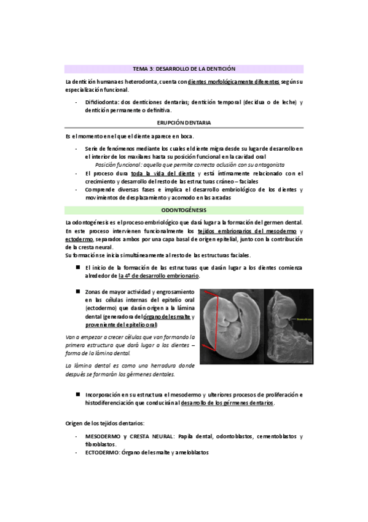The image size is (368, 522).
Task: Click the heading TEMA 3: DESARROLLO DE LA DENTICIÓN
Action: (x=184, y=69)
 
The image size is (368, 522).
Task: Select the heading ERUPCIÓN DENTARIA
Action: (x=184, y=123)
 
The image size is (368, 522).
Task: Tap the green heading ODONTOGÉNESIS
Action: (x=184, y=211)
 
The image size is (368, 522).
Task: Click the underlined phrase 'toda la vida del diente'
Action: (x=154, y=174)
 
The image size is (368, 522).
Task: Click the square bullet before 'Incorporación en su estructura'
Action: (x=78, y=393)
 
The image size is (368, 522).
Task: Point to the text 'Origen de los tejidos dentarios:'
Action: (x=104, y=425)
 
